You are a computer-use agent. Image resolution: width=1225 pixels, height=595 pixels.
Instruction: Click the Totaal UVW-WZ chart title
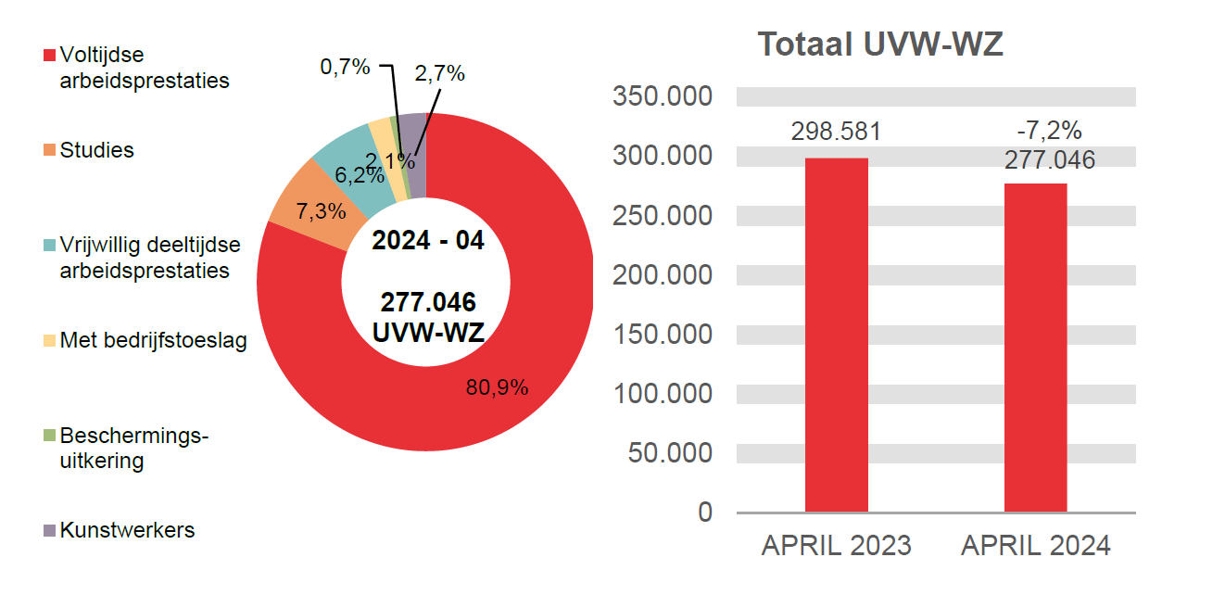[879, 44]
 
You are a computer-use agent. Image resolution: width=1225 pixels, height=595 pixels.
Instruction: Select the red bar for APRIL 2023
[836, 335]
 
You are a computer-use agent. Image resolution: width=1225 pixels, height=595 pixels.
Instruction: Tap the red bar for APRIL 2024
[1035, 348]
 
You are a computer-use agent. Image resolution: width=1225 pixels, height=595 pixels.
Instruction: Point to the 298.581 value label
[836, 132]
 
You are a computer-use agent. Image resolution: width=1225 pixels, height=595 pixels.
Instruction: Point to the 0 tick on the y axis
[705, 512]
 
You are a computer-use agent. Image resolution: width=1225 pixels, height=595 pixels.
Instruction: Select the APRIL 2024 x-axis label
[1035, 546]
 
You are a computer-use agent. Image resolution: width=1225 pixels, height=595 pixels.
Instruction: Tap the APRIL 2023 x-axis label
[836, 546]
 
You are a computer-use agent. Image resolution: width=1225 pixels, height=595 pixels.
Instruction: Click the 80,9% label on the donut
[497, 387]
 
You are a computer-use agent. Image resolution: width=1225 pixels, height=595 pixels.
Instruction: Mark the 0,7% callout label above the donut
[345, 67]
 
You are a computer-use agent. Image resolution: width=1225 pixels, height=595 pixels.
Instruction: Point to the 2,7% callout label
[439, 74]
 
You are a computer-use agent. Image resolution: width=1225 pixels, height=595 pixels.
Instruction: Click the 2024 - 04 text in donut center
[427, 240]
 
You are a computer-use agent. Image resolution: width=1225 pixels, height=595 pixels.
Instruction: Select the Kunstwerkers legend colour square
[50, 531]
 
